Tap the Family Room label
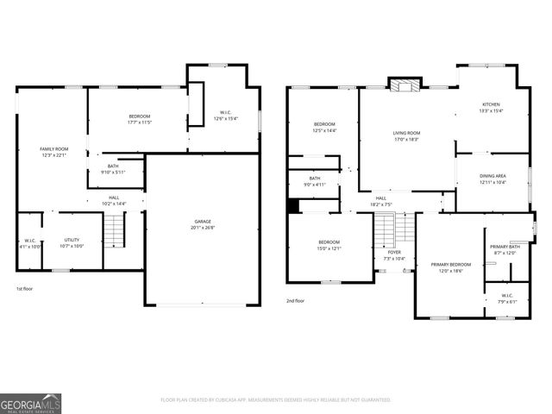(53, 152)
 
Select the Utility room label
(72, 242)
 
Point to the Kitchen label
(491, 107)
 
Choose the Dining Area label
(492, 179)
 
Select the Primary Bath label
(504, 250)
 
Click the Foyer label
(394, 254)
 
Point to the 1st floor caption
(25, 288)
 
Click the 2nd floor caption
(296, 300)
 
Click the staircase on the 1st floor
(115, 230)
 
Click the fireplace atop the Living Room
(402, 84)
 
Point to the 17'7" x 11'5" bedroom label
(140, 119)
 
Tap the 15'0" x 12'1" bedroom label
(329, 245)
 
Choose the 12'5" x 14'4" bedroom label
(323, 128)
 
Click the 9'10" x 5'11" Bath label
(113, 169)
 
